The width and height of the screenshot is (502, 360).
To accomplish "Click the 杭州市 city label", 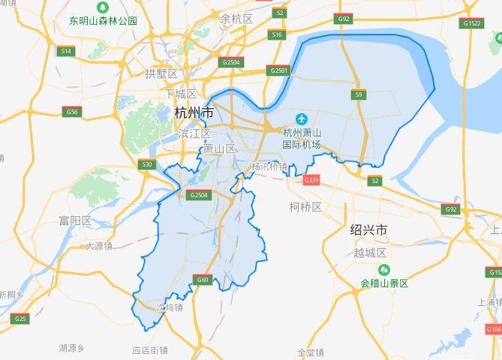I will click(193, 113).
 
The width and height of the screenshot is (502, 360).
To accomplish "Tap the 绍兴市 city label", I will click(368, 229).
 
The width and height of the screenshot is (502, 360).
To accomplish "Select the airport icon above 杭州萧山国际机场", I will click(302, 119).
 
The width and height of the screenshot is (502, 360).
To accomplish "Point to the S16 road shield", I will click(278, 34).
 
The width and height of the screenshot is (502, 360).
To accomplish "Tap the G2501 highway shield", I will click(278, 70).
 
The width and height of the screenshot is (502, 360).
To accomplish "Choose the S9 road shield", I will click(359, 94).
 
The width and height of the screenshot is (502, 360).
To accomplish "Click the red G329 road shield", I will click(311, 180).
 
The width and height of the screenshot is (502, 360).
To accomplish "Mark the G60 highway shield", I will click(202, 280).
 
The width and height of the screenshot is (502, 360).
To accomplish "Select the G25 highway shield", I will click(20, 319).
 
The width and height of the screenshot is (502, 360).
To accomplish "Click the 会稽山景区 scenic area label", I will click(384, 283).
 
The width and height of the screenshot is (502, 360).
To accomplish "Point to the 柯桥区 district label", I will click(305, 206).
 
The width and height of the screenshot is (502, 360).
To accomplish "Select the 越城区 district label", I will click(369, 253).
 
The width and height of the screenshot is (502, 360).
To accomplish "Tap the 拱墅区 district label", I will click(161, 73).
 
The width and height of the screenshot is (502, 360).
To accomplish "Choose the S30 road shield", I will click(146, 164).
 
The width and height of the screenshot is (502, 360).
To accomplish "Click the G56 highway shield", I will click(71, 112).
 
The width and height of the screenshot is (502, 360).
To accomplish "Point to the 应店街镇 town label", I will click(150, 349).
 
